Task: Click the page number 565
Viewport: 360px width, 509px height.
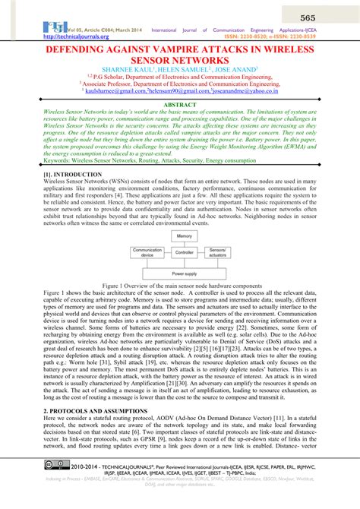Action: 329,17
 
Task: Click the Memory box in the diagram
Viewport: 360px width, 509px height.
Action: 185,237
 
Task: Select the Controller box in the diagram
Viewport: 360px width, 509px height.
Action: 185,251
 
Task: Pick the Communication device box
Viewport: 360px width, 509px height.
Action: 148,251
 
